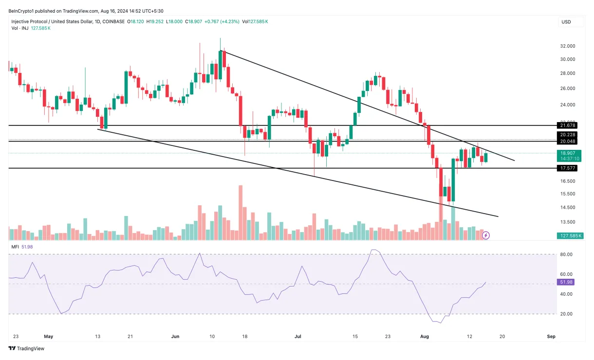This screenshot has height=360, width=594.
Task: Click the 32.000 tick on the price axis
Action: [x=568, y=46]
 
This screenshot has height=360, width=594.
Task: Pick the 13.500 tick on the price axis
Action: [x=568, y=222]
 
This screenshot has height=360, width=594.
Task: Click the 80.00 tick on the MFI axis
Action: [x=566, y=254]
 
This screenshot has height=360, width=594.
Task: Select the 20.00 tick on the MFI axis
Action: [x=566, y=314]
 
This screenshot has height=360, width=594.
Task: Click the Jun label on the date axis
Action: [x=176, y=336]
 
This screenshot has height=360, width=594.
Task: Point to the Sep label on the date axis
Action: [x=551, y=336]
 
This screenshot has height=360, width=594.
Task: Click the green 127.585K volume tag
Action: [x=567, y=236]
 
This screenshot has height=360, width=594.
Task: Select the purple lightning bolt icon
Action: [x=485, y=235]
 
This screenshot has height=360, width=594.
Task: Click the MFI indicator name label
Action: [x=15, y=247]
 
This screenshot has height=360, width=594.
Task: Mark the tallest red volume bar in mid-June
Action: [x=241, y=213]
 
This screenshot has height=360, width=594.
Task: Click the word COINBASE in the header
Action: [x=113, y=21]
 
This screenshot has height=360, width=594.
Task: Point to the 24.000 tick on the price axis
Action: [x=568, y=105]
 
